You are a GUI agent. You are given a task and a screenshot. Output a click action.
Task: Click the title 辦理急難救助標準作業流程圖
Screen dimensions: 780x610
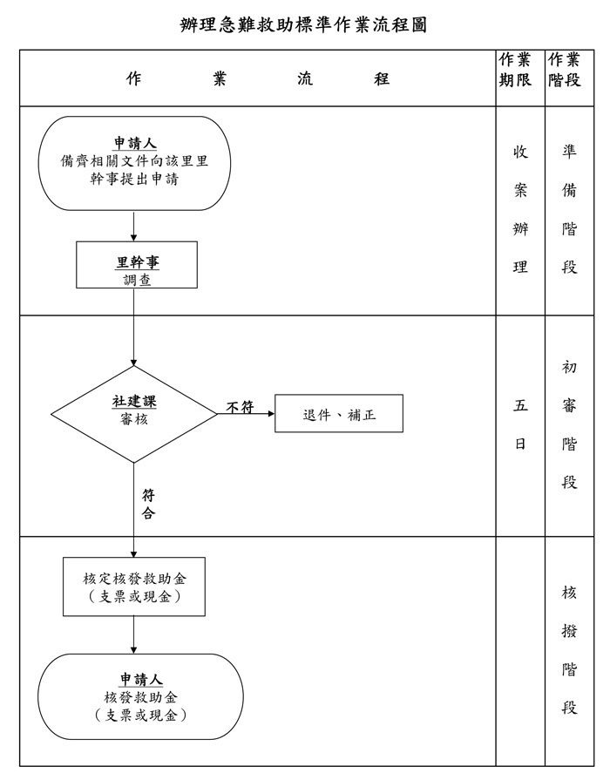click(x=303, y=24)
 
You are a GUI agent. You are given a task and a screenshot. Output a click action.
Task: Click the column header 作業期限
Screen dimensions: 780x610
click(x=514, y=70)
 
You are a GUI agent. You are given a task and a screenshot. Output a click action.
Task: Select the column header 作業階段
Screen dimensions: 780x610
click(x=565, y=70)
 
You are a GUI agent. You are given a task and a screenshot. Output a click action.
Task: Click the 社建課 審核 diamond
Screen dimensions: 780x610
click(x=134, y=413)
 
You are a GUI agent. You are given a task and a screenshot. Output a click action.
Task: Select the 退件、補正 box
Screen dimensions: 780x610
click(x=339, y=415)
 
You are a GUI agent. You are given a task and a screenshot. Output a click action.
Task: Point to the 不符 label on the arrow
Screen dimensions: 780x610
click(x=240, y=406)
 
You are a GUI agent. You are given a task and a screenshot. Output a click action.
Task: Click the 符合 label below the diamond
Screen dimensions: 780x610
click(x=149, y=505)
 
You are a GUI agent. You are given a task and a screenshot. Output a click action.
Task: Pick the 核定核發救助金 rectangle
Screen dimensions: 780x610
click(x=134, y=587)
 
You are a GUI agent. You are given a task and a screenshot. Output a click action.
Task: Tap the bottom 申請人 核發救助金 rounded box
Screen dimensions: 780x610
click(x=140, y=696)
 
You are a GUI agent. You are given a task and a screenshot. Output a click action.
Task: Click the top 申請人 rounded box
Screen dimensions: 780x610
click(x=134, y=163)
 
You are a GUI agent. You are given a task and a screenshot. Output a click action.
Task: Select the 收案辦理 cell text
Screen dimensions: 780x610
click(x=520, y=209)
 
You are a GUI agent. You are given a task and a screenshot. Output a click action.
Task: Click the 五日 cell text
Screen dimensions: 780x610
click(x=520, y=424)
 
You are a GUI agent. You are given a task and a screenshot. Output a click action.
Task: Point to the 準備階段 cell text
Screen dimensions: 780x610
click(x=569, y=209)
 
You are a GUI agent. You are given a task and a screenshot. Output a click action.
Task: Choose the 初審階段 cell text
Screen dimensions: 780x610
click(x=569, y=424)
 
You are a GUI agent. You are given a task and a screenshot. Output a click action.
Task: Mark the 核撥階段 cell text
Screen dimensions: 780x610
click(x=569, y=650)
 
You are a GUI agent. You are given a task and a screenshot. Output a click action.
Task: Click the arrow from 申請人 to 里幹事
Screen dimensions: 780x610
click(x=134, y=226)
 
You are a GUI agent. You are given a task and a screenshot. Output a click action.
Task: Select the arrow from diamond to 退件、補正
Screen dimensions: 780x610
click(x=247, y=414)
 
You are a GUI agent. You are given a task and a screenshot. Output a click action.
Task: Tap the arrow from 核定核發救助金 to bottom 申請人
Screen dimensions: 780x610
click(x=134, y=635)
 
